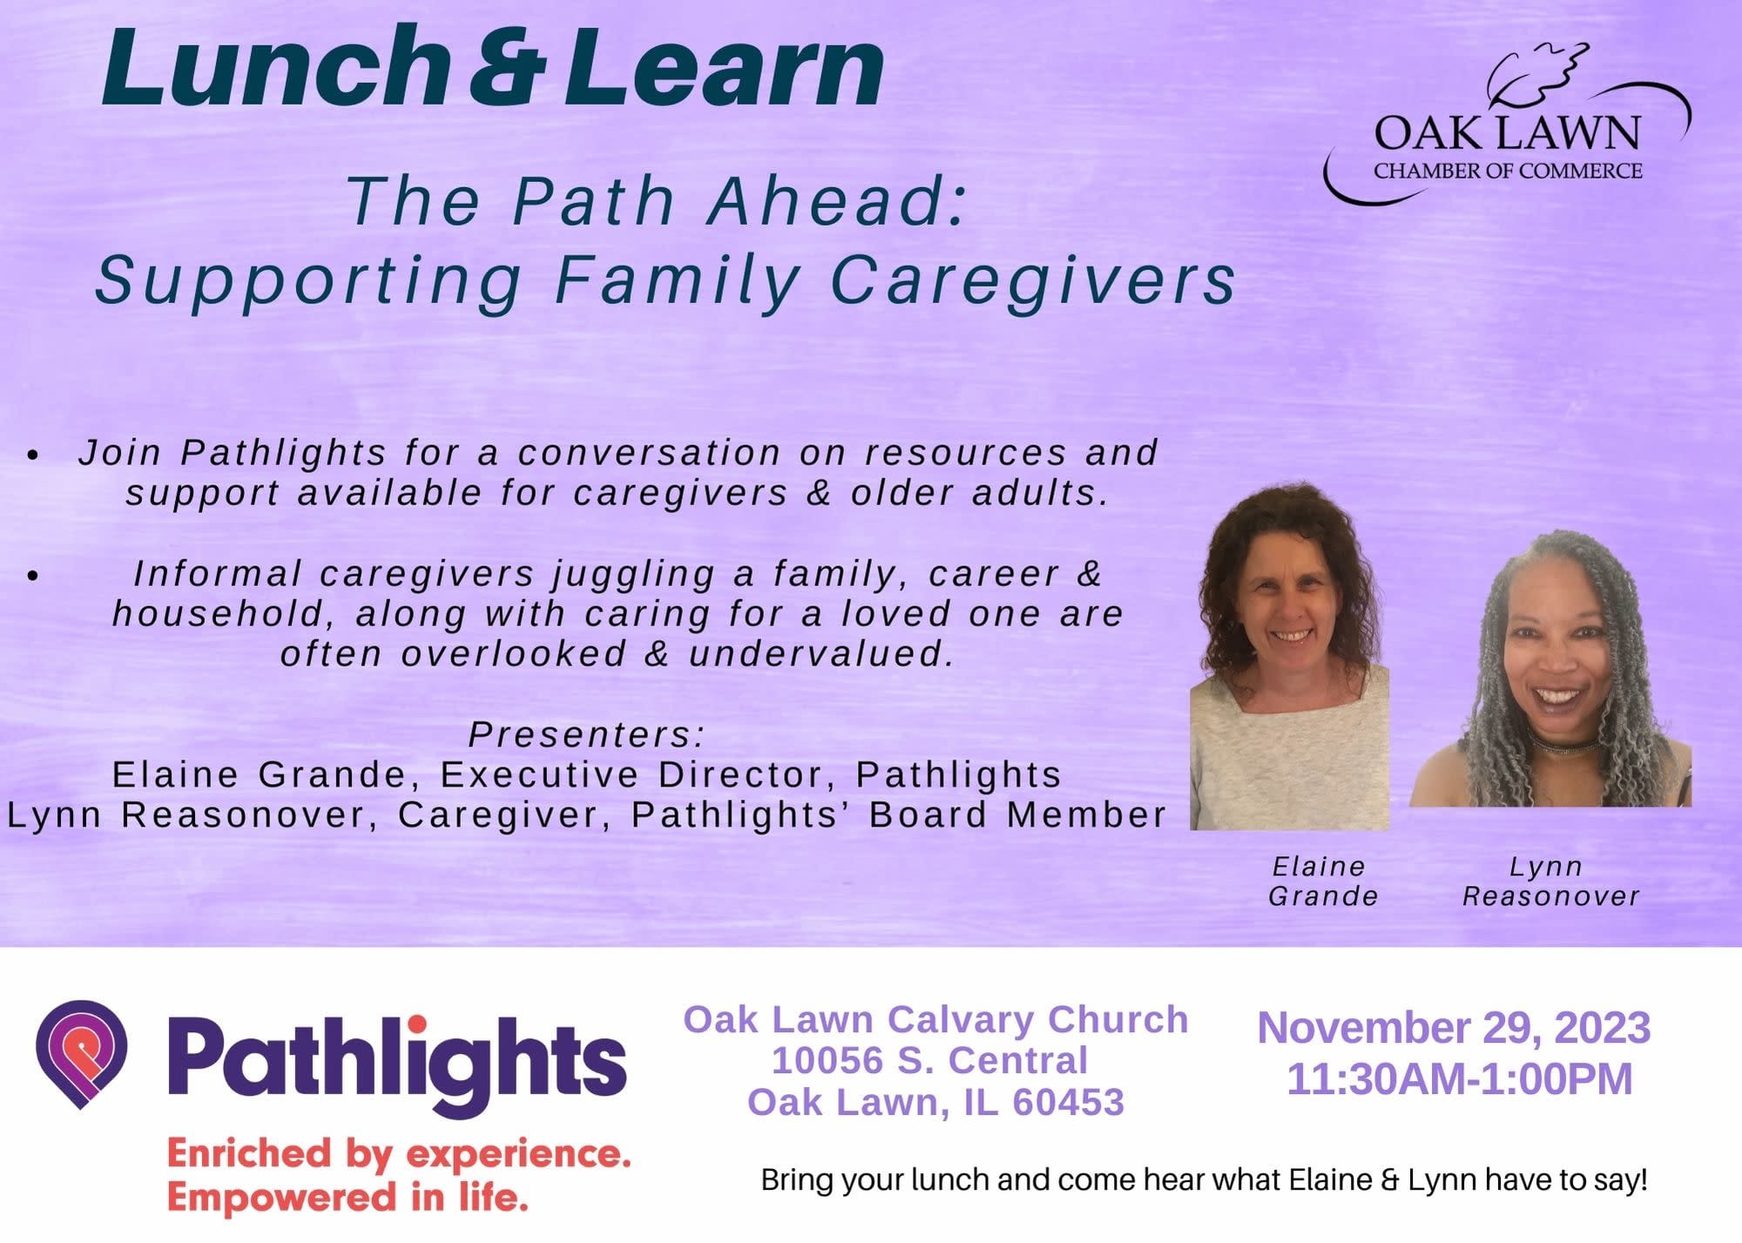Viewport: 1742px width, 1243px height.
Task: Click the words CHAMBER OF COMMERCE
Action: tap(1508, 171)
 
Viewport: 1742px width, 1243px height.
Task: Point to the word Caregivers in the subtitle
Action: tap(1034, 280)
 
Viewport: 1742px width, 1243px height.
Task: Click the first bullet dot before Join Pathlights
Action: tap(33, 455)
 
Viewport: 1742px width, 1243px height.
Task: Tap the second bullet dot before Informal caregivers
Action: tap(33, 576)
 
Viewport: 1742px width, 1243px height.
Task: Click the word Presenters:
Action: tap(586, 734)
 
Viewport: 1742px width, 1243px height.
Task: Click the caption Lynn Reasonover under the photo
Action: tap(1550, 882)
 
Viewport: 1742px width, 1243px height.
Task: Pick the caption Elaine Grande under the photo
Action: tap(1323, 882)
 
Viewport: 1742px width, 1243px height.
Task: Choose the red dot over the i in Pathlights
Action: tap(417, 1024)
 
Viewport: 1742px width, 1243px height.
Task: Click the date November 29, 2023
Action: tap(1454, 1028)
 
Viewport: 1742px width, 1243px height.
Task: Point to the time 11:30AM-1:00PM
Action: tap(1460, 1079)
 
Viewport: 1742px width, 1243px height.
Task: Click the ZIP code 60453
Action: tap(1068, 1103)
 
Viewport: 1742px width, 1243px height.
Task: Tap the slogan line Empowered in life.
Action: tap(348, 1197)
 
